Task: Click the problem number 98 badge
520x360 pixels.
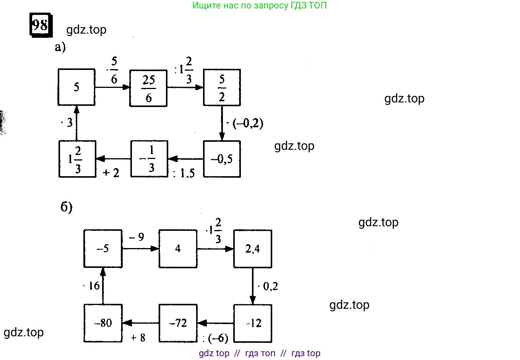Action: (41, 25)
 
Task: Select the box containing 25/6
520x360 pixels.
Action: (148, 88)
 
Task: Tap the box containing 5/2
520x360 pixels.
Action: (222, 88)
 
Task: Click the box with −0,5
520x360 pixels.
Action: (222, 159)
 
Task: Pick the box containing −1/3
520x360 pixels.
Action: (149, 159)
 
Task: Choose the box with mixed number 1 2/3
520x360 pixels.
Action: (77, 159)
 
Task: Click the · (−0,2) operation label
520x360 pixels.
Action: (245, 123)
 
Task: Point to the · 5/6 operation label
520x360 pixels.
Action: (113, 70)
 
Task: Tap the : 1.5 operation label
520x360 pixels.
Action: (184, 174)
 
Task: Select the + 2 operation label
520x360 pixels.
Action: (111, 173)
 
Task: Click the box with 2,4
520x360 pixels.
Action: (252, 249)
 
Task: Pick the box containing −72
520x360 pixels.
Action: (178, 323)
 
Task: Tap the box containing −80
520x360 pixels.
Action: (103, 323)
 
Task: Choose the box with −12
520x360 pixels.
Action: (252, 323)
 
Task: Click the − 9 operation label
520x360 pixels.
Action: (136, 237)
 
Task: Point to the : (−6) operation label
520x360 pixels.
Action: (215, 338)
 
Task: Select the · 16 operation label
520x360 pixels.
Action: (92, 286)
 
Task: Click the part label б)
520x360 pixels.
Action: (67, 207)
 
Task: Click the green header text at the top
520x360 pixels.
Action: (259, 5)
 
